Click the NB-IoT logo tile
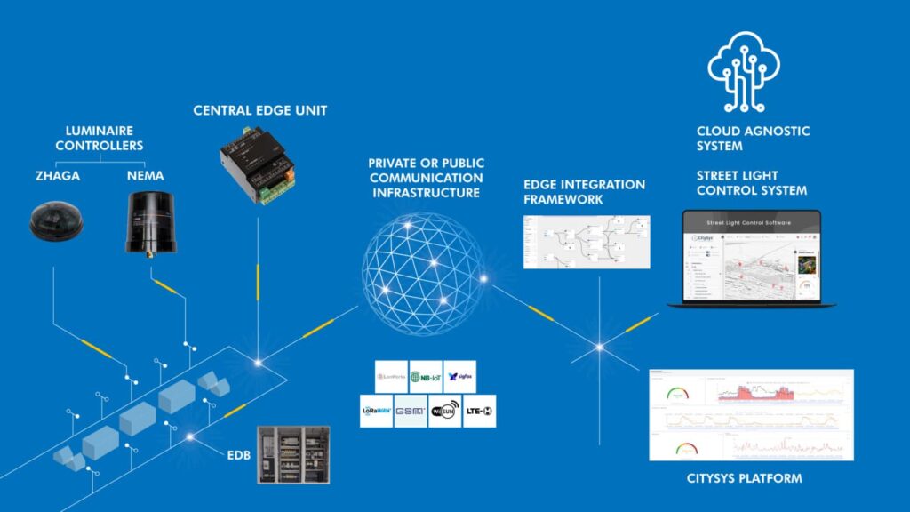click(425, 377)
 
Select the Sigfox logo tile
click(459, 377)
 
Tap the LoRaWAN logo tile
click(376, 412)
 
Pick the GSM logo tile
click(411, 412)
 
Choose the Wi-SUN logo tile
click(444, 412)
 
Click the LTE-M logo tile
click(479, 412)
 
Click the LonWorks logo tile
click(391, 377)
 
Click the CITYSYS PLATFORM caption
click(744, 479)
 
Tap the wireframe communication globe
click(424, 267)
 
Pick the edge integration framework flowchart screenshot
click(587, 242)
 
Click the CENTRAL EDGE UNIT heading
click(260, 111)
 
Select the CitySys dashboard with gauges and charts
click(751, 415)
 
